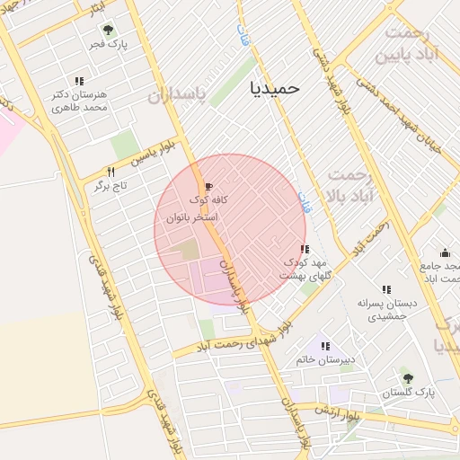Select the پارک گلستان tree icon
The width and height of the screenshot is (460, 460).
click(410, 379)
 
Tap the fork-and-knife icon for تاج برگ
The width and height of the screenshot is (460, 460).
click(111, 171)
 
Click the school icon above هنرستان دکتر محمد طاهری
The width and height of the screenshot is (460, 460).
click(80, 81)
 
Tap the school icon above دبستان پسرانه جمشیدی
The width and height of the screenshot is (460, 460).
click(386, 289)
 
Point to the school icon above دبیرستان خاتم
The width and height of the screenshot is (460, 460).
click(325, 346)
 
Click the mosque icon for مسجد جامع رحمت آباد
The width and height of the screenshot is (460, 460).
click(445, 252)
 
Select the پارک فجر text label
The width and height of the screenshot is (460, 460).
click(113, 43)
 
